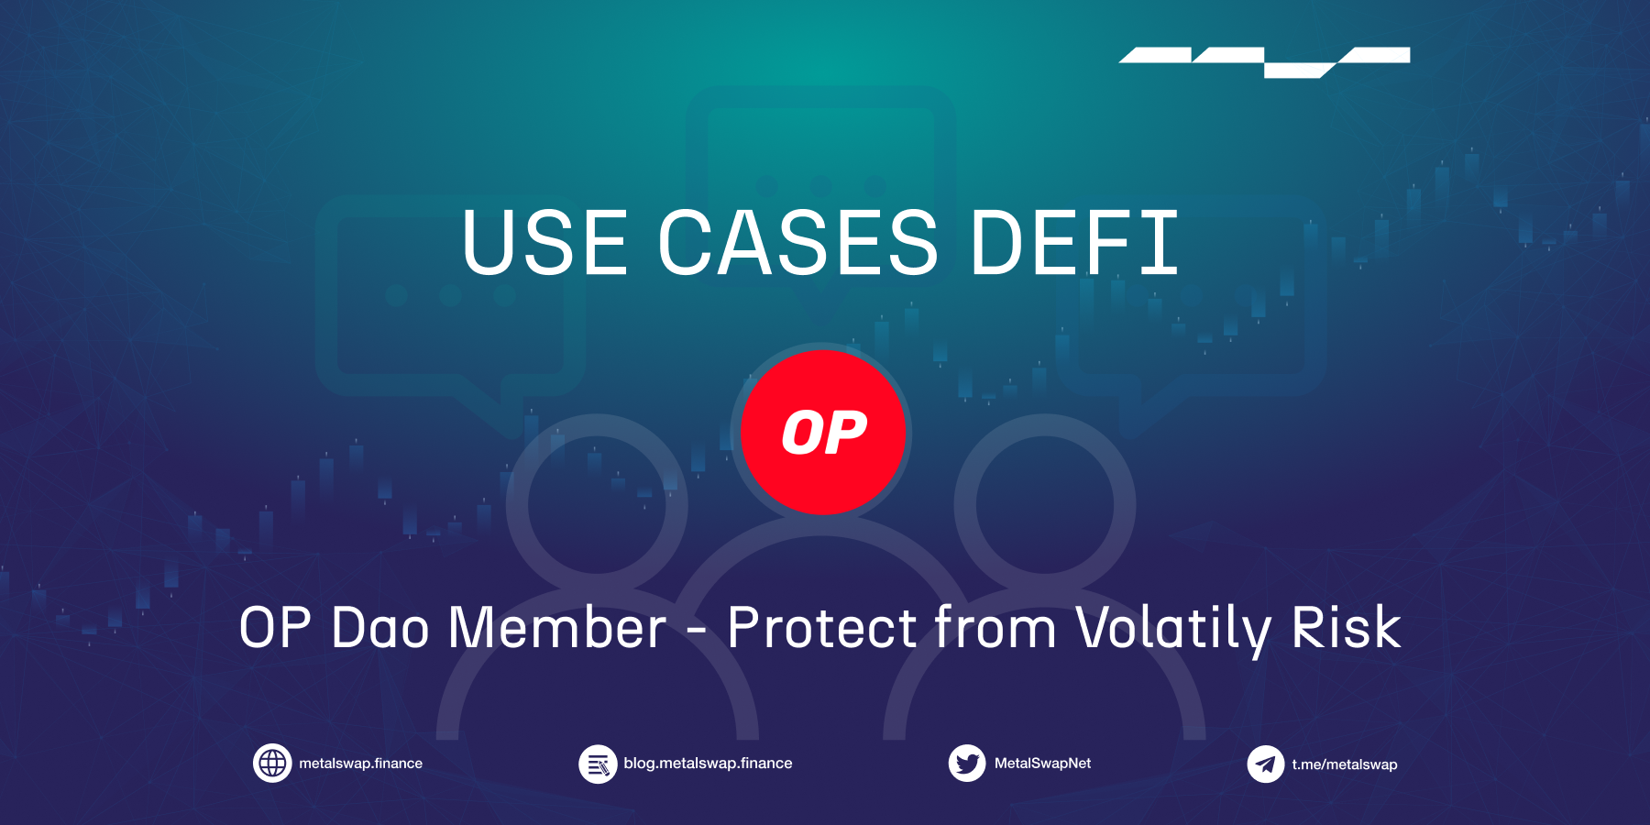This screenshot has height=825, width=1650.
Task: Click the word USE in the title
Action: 545,242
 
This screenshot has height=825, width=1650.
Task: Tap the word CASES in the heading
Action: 798,242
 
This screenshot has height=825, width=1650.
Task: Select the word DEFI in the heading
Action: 1074,242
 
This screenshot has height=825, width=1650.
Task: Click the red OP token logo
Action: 823,432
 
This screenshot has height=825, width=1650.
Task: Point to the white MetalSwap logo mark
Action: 1264,62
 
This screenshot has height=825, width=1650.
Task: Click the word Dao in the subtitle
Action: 379,628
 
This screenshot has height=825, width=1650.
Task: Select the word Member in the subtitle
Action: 557,628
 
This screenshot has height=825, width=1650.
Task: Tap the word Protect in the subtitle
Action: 822,628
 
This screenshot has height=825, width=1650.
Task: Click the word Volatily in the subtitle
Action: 1173,631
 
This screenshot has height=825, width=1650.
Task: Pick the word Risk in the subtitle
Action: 1347,628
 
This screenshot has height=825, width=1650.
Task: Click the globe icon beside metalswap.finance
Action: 272,763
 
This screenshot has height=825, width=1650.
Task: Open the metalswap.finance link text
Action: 360,764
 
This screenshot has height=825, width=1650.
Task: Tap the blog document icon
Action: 598,764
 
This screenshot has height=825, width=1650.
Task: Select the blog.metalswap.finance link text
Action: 708,764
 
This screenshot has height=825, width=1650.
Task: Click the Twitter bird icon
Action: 967,763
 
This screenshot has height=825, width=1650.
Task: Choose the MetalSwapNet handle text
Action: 1042,764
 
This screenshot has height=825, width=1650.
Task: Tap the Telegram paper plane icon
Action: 1266,764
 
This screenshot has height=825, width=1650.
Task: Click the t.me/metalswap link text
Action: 1345,764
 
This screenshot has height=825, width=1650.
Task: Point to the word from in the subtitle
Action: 995,628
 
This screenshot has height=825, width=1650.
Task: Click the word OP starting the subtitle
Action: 275,628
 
